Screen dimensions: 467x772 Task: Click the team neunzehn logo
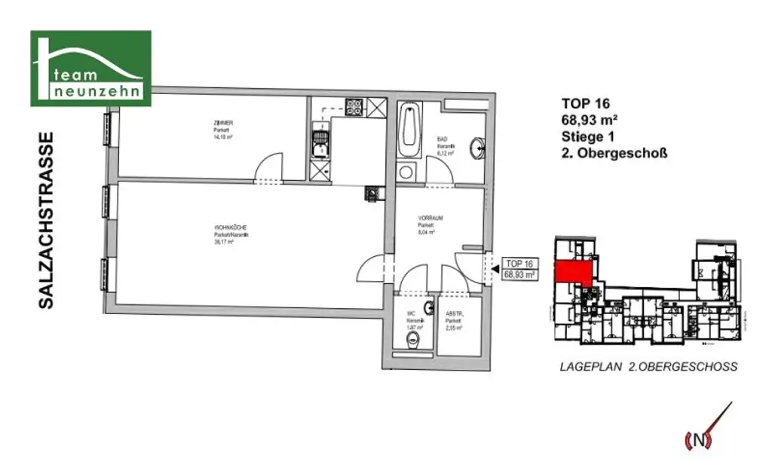pyautogui.click(x=90, y=69)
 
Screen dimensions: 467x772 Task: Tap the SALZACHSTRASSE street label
pyautogui.click(x=47, y=220)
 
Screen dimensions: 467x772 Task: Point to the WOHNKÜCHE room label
pyautogui.click(x=231, y=235)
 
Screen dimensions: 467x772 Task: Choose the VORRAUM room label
pyautogui.click(x=430, y=224)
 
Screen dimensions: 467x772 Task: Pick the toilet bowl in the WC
pyautogui.click(x=412, y=343)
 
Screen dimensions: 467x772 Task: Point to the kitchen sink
pyautogui.click(x=320, y=141)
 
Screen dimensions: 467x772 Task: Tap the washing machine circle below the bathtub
pyautogui.click(x=406, y=172)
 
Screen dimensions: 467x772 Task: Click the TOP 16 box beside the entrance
pyautogui.click(x=519, y=269)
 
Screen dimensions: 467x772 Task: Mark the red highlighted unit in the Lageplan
pyautogui.click(x=574, y=270)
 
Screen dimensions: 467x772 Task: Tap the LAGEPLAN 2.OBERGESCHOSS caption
pyautogui.click(x=648, y=367)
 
